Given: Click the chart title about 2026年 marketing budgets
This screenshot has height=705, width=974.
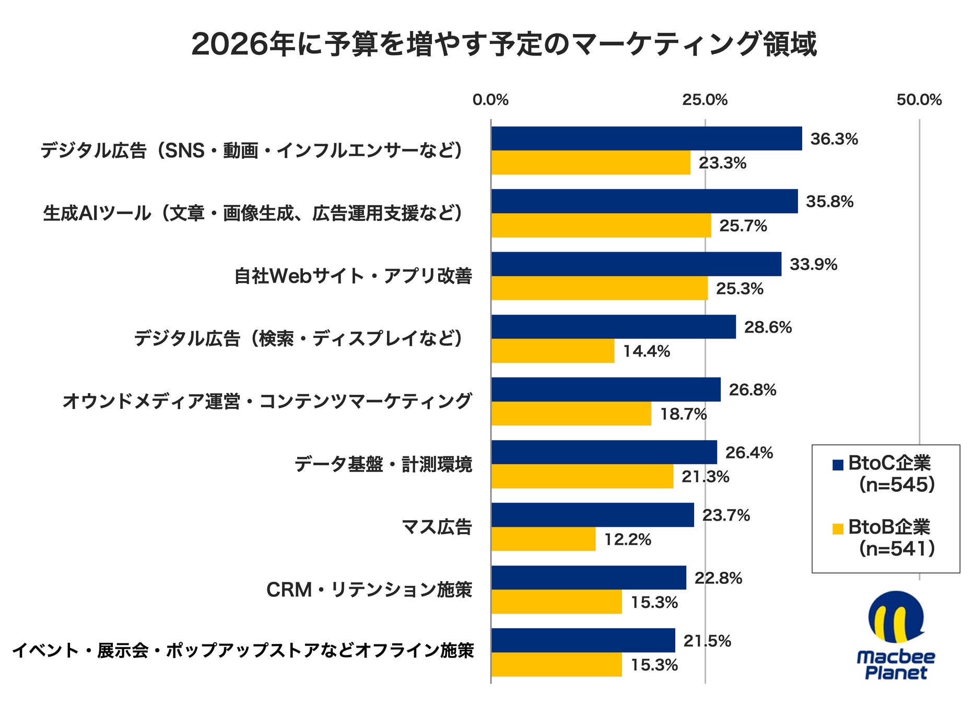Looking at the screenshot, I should (504, 44).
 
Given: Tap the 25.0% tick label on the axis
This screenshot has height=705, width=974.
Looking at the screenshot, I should (705, 100).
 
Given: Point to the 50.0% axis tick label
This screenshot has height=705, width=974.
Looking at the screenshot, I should (919, 100).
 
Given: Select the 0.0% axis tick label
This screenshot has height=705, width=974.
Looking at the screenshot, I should (490, 100).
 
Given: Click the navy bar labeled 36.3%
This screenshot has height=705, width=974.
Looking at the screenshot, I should (646, 138).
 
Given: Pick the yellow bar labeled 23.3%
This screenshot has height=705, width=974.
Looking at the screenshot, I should (591, 163).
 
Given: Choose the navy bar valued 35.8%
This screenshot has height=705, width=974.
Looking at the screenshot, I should (644, 201).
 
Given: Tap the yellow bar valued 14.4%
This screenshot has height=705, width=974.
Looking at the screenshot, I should (553, 351).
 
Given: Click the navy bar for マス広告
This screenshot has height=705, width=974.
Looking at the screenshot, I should (592, 515).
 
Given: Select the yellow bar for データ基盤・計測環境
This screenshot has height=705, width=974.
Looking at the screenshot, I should (582, 476).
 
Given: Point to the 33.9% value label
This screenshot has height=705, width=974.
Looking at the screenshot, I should (813, 264).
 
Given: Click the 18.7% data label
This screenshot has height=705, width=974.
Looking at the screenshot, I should (683, 414).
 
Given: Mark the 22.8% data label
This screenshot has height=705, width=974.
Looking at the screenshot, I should (718, 578).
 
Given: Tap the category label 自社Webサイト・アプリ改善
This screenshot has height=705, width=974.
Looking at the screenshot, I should (353, 276).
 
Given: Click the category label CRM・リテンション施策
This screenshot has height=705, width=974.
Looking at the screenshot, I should (369, 590).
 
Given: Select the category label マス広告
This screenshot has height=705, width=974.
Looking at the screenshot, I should (437, 527).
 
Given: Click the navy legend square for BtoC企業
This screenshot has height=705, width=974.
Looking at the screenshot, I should (838, 464).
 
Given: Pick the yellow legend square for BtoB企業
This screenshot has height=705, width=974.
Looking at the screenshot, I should (838, 528).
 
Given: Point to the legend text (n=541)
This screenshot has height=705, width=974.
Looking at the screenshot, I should (897, 548).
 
